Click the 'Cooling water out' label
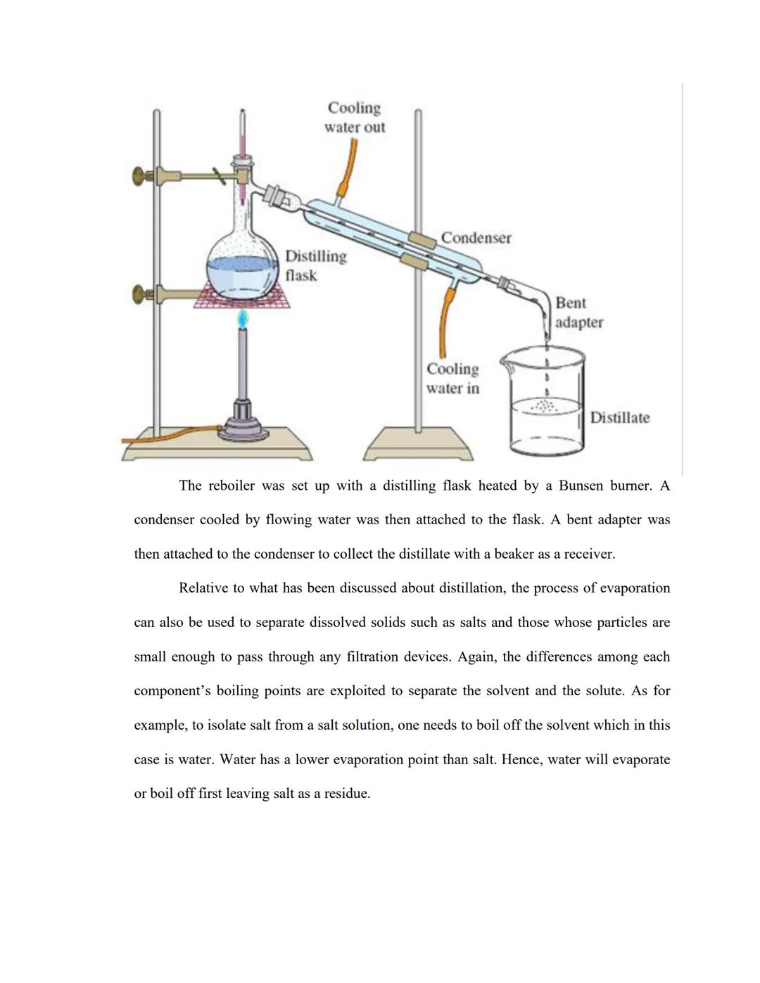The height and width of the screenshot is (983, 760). click(355, 118)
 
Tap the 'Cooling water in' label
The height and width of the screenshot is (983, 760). click(452, 379)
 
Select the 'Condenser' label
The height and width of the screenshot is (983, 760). click(476, 238)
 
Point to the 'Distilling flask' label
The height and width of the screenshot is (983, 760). click(315, 265)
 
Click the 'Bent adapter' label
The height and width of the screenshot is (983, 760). click(578, 312)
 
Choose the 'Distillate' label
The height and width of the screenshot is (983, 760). click(619, 418)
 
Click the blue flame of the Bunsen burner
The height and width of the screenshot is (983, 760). click(243, 320)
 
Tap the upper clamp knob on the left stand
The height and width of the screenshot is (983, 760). click(141, 175)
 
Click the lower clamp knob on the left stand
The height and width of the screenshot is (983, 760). click(141, 294)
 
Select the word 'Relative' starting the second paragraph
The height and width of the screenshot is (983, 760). click(203, 588)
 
